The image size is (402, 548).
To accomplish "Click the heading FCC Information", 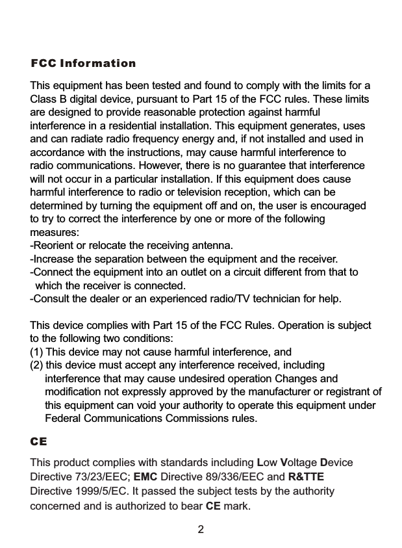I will point(83,64).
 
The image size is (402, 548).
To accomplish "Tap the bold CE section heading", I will point(39,441).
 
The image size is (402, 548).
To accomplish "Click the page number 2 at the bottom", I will point(201,529).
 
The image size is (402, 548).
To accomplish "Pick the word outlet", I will point(189,272).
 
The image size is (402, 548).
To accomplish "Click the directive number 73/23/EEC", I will point(101,476).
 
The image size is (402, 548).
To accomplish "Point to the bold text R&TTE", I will point(306,476).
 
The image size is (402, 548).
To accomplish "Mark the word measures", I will point(55,232).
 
